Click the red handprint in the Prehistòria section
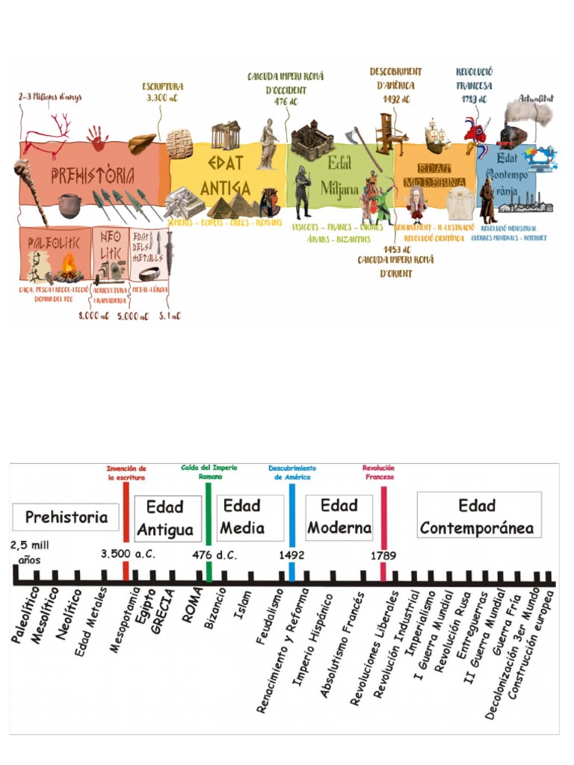click(x=96, y=137)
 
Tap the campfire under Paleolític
click(x=69, y=267)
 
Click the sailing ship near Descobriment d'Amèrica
click(x=436, y=136)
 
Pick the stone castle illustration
click(x=312, y=139)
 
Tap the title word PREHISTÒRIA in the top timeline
click(x=93, y=177)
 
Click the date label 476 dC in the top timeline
click(x=286, y=101)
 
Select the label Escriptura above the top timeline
click(x=163, y=87)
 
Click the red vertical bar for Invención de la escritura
click(x=126, y=530)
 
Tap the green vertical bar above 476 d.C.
click(x=209, y=530)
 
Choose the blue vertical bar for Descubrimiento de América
click(x=291, y=530)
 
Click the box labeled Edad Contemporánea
click(x=478, y=515)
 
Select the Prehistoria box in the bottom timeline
click(x=66, y=517)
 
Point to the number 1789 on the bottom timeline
click(x=383, y=555)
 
